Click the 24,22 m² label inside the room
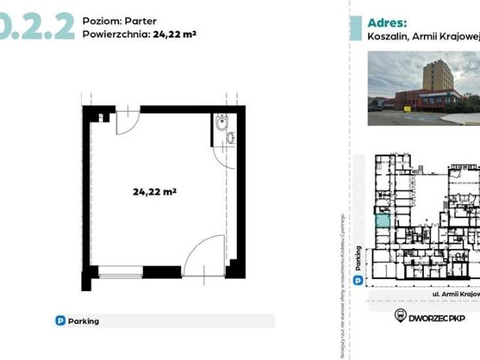[154, 192]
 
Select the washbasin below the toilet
[230, 137]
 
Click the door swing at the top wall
[127, 120]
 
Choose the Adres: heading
[388, 22]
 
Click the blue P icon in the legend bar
[60, 321]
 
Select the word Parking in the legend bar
[83, 321]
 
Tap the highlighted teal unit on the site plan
[382, 220]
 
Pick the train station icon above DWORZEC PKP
[400, 316]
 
